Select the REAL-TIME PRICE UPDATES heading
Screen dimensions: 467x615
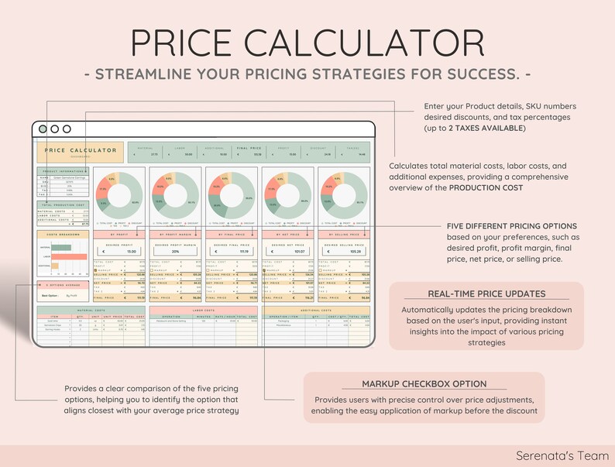(486, 294)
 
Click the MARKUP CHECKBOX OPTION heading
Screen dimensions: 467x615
(424, 384)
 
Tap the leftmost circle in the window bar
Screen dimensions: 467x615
(43, 129)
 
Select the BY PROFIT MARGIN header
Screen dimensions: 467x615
(177, 233)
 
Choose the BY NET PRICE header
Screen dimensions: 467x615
(287, 233)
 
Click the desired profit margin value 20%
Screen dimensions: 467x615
(177, 252)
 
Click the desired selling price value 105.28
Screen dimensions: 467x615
(347, 252)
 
